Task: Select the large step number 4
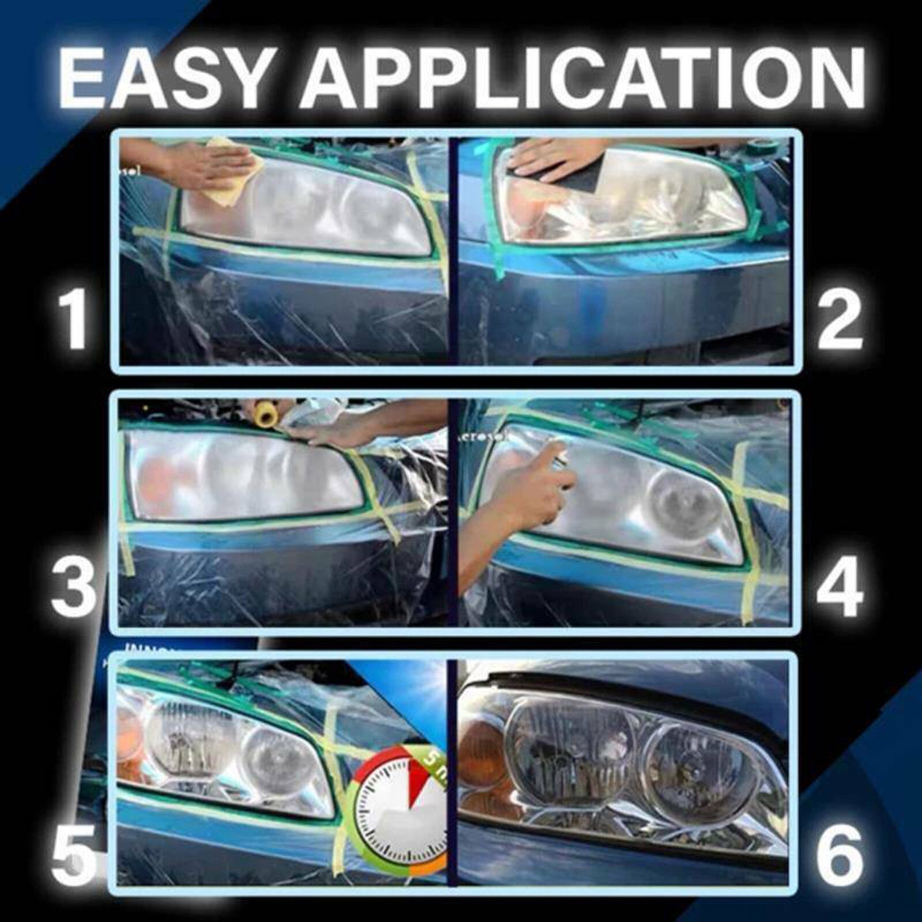coord(840,587)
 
